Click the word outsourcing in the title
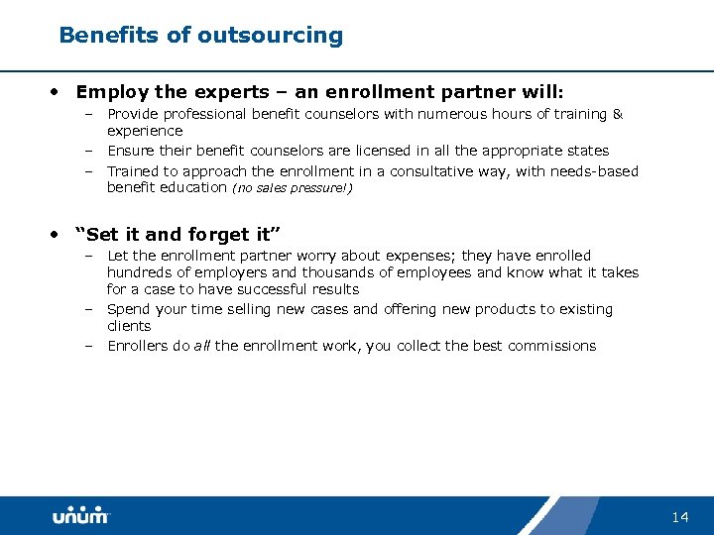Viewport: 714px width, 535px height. pos(270,36)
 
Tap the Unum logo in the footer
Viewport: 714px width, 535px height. pos(81,516)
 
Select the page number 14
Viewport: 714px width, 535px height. pos(679,517)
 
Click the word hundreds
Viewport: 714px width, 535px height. pos(138,272)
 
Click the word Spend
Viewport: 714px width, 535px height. pos(128,309)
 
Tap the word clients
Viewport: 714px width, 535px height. pos(129,326)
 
